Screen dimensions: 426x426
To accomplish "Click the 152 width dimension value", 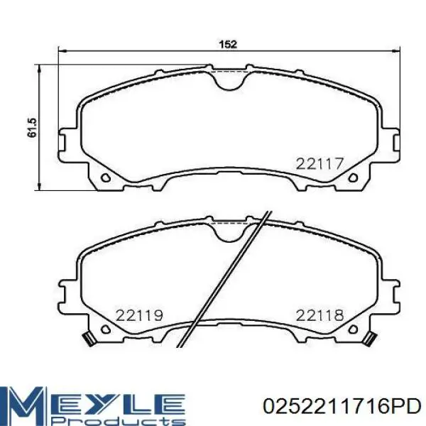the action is click(x=228, y=44).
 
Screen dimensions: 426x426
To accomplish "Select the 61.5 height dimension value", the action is click(x=32, y=128).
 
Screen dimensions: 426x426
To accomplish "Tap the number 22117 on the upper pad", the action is click(x=319, y=164).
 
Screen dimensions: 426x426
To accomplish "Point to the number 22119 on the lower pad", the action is click(x=139, y=315).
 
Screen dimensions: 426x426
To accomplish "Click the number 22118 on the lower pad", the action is click(x=319, y=315).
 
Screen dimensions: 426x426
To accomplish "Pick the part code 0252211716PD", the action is click(x=342, y=406).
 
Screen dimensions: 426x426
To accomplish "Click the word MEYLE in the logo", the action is click(x=92, y=400).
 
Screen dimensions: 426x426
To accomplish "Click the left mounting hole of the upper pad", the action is click(x=105, y=178).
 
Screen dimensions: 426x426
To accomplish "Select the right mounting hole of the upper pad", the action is click(x=353, y=178).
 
